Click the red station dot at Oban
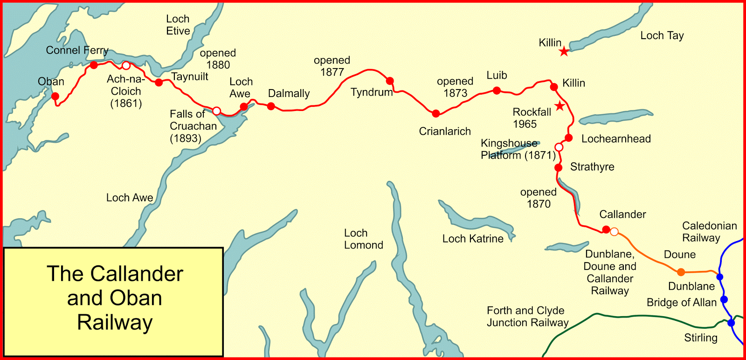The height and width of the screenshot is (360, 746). coord(55,97)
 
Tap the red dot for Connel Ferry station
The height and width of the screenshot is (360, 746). coord(94,65)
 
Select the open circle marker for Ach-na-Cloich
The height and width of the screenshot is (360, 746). coord(126,65)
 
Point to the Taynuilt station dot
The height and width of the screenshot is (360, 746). coord(159,83)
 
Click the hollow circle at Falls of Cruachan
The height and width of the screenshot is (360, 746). coord(216,111)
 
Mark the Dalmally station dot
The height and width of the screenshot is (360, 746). coord(271,106)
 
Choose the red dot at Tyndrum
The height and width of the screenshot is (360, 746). coord(390,81)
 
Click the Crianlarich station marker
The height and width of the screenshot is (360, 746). coord(435,113)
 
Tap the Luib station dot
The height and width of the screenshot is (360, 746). coord(497,90)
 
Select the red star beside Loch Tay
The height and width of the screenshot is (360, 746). coord(564,51)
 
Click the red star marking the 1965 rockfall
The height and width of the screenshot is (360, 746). coord(559,106)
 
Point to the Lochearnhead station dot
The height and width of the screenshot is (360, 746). coord(568,138)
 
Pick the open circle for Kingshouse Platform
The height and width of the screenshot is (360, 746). coord(559,147)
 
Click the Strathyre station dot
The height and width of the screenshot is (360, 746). coord(558,167)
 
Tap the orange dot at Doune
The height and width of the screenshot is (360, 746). coord(681,272)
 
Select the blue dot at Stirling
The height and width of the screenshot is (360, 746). coord(731,323)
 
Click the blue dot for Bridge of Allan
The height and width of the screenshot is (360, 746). coord(724,299)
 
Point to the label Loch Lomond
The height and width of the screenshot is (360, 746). coord(363,239)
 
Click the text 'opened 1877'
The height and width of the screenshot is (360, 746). coord(332,66)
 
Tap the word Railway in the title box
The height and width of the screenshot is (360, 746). coord(115,322)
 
